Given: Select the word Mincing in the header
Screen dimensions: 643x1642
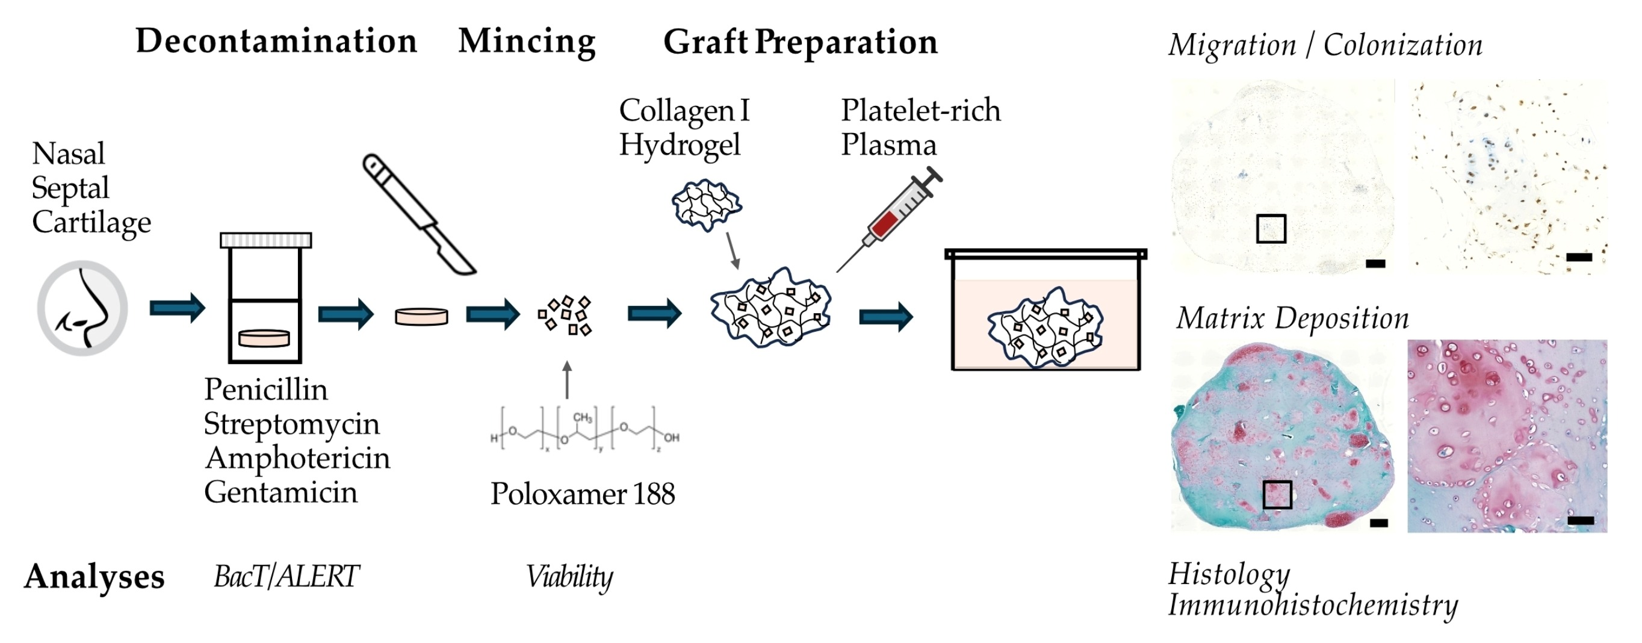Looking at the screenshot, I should click(527, 42).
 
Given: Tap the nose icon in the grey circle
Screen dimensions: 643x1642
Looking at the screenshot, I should click(83, 308).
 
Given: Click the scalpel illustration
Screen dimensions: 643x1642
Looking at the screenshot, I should click(417, 213).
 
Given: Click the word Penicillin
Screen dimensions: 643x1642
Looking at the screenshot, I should click(266, 389).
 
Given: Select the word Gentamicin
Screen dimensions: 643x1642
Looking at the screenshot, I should click(280, 492).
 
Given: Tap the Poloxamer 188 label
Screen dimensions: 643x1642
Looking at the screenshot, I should click(582, 494).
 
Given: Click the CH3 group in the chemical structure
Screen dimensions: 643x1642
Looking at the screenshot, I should click(583, 418).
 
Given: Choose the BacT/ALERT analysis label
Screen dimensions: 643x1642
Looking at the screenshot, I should click(286, 577).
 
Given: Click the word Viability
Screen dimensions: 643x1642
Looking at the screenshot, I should click(569, 577).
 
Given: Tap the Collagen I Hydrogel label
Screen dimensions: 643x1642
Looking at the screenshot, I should click(684, 127).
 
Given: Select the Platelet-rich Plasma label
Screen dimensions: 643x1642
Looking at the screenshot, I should click(920, 127).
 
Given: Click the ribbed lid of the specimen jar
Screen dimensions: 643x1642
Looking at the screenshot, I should click(266, 240).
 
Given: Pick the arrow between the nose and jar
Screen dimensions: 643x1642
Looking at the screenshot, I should click(177, 309).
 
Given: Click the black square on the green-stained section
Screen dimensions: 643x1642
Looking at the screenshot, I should click(1277, 494).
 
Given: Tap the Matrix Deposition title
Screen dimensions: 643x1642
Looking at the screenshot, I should click(1292, 318).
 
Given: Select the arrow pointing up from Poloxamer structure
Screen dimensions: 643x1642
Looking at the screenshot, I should click(566, 379).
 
